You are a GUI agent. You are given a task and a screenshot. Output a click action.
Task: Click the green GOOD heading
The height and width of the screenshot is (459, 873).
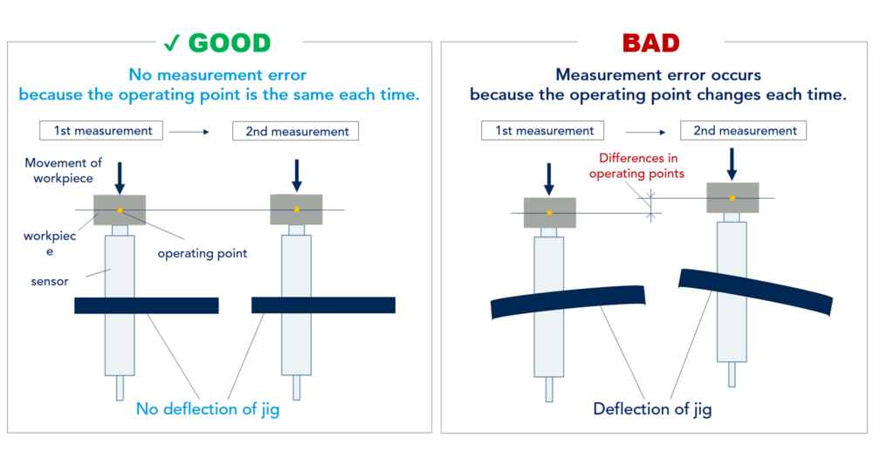230,43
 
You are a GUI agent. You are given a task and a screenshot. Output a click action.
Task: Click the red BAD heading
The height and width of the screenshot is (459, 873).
650,43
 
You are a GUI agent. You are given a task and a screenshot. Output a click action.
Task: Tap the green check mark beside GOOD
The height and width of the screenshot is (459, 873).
171,43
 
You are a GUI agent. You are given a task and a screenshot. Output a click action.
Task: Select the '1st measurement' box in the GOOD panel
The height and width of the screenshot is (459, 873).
102,131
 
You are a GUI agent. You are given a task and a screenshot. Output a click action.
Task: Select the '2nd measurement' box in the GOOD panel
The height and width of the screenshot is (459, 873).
296,132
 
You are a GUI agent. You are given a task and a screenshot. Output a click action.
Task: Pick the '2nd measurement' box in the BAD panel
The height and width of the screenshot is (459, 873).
743,131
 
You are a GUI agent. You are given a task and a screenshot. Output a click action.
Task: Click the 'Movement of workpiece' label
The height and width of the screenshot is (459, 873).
63,170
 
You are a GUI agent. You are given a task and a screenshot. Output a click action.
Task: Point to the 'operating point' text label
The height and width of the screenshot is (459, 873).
202,253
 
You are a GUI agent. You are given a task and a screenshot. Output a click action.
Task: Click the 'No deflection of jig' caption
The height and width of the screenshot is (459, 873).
208,408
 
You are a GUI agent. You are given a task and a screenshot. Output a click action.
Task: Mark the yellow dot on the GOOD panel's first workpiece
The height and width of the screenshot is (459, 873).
120,209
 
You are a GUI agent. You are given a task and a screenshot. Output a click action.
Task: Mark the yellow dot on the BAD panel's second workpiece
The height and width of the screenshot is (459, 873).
732,197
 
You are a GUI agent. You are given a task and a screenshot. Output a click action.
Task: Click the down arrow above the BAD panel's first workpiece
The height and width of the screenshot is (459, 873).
549,179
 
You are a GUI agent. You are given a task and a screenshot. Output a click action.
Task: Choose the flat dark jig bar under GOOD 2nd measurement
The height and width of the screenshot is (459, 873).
323,305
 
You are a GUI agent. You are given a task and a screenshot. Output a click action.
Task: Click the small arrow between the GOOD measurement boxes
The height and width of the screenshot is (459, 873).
189,132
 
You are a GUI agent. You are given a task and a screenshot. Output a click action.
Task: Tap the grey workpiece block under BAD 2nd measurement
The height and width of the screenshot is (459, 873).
732,197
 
